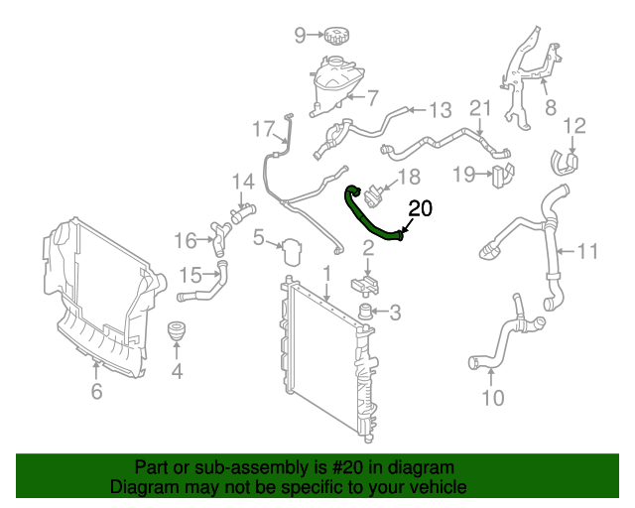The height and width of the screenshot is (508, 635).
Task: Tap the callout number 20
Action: coord(421,208)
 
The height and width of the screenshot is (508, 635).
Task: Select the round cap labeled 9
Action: coord(336,36)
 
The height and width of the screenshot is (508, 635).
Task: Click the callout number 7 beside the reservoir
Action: coord(373,97)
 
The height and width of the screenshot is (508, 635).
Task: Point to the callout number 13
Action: coord(440,110)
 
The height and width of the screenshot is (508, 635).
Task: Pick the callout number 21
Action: coord(480,108)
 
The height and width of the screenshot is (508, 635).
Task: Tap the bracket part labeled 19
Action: coord(504,177)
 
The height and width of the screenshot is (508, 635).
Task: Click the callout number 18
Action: coord(410,177)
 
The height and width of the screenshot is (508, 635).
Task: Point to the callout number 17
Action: coord(262,128)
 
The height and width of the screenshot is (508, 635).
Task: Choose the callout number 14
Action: coord(243,181)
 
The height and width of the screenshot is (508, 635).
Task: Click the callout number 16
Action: coord(187,240)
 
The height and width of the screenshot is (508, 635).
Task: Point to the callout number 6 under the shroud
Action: coord(96,392)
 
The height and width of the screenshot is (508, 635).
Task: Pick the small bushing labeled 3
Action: coord(366,315)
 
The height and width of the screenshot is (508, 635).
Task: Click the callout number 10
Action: coord(492,399)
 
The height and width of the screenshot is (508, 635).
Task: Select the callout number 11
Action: coord(587,251)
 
